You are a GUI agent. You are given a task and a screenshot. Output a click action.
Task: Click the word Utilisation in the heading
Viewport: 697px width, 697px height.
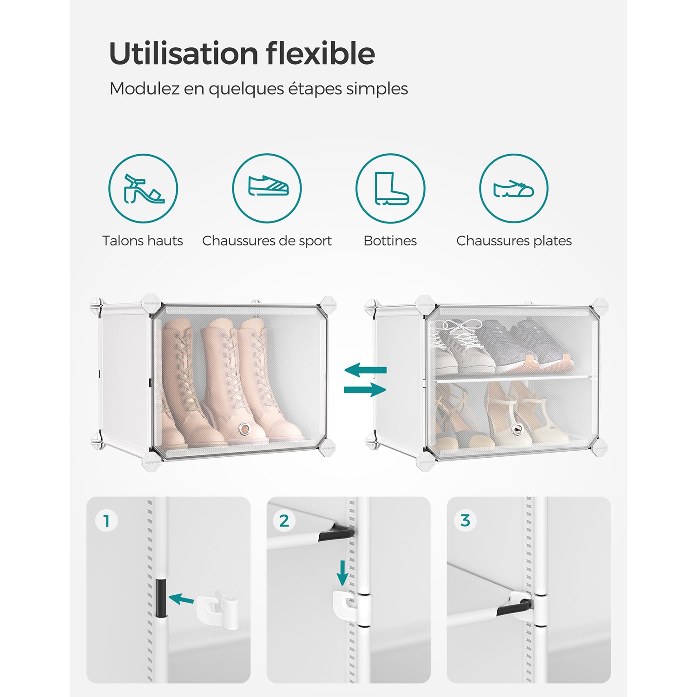click(x=183, y=53)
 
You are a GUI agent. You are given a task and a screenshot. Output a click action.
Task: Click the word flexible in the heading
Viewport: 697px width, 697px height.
click(x=321, y=53)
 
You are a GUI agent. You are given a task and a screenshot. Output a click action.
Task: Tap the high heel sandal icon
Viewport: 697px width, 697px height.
click(x=144, y=188)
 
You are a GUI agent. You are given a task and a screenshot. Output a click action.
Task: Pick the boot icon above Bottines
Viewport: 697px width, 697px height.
click(x=391, y=188)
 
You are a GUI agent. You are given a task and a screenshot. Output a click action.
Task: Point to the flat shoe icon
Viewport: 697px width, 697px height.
click(x=513, y=188)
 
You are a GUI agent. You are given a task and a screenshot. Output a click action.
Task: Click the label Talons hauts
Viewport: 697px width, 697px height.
click(x=143, y=241)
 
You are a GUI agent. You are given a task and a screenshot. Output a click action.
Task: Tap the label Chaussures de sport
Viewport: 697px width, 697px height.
click(x=267, y=241)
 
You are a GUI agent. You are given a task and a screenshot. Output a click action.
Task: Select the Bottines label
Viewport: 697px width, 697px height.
click(x=390, y=241)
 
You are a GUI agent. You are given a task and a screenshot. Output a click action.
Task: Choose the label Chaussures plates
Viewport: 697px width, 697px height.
click(x=514, y=241)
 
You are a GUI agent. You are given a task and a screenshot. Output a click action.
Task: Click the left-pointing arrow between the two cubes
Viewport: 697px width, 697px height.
click(x=365, y=370)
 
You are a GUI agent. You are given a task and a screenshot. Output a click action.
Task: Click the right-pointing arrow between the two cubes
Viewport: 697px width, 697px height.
click(x=365, y=389)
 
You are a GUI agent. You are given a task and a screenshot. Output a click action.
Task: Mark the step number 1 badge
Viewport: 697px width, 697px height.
click(x=107, y=521)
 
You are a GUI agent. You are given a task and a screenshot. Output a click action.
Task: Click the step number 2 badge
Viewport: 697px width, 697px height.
click(x=284, y=521)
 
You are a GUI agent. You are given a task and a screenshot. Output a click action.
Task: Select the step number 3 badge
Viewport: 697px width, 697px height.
click(x=465, y=521)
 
